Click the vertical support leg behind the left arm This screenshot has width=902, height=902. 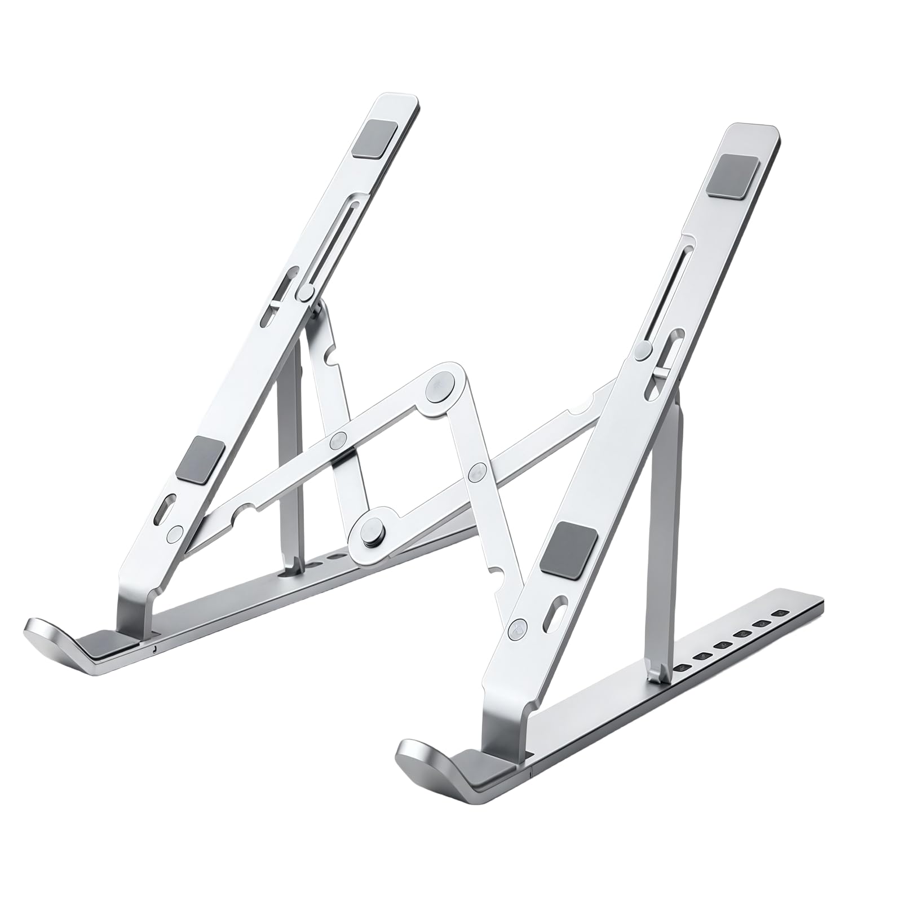click(291, 468)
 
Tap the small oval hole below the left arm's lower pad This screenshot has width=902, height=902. click(167, 505)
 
